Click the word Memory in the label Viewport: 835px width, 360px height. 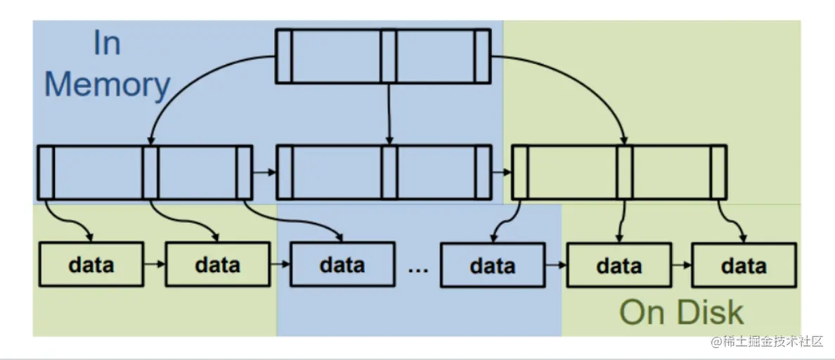pos(107,84)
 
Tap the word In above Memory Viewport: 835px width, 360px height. pos(107,44)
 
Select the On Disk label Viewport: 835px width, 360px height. pos(681,312)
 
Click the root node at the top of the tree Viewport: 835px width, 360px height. pos(382,56)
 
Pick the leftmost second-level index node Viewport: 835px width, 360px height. pos(145,172)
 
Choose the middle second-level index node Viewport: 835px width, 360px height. pos(383,172)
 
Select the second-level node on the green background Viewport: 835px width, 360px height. pos(619,172)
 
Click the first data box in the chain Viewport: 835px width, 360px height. pos(91,264)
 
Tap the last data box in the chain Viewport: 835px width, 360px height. pos(744,265)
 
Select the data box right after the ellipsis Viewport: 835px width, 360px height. pos(492,266)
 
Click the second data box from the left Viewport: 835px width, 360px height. pos(217,264)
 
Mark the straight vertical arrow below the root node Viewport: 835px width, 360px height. pos(389,112)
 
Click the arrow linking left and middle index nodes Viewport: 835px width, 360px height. pos(264,171)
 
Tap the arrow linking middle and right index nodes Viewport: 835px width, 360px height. pos(500,171)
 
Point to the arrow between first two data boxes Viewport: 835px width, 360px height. pos(154,265)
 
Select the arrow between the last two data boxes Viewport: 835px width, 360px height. pos(680,266)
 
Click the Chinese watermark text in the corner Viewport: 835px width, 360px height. pos(766,342)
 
